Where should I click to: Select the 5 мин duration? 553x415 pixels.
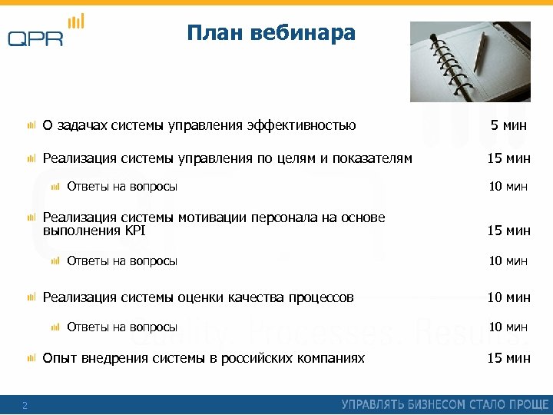[x=508, y=125]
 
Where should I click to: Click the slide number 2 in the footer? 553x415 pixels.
[x=25, y=406]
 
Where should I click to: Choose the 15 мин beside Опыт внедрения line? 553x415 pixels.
[x=508, y=358]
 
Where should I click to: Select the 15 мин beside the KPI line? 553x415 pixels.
[x=508, y=230]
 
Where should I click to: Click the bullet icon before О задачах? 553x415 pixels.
[x=31, y=125]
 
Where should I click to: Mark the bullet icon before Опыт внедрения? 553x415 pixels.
[x=31, y=358]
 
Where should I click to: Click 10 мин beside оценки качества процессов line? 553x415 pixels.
[x=508, y=297]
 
